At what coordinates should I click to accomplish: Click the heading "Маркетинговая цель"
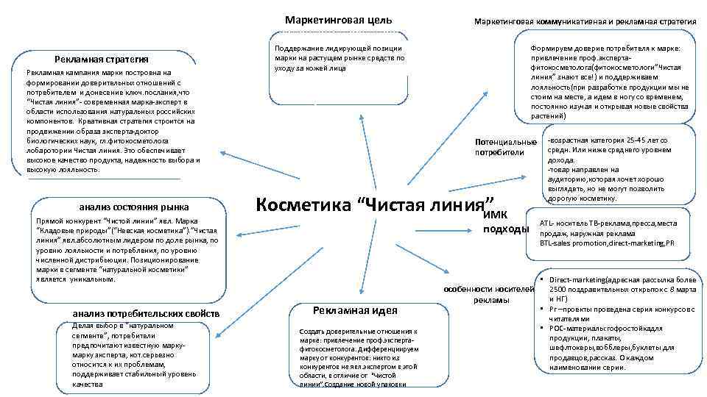point(338,20)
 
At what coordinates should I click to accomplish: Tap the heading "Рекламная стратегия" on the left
point(101,60)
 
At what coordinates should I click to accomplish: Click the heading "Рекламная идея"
point(355,311)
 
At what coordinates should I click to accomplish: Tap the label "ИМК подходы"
point(505,222)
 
